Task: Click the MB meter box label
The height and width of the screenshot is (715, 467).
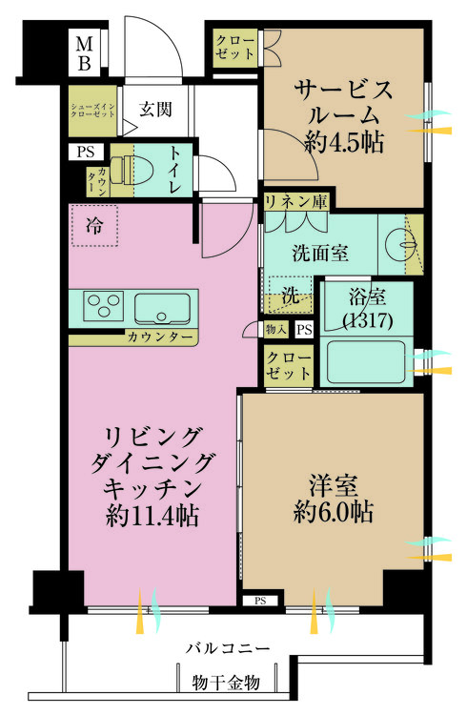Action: click(85, 53)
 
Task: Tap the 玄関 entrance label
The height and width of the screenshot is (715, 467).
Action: click(155, 110)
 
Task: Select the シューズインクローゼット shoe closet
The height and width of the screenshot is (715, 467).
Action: click(92, 111)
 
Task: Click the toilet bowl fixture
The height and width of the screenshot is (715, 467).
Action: click(132, 171)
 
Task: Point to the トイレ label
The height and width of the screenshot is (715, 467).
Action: click(175, 170)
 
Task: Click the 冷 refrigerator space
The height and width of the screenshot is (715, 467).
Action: click(95, 226)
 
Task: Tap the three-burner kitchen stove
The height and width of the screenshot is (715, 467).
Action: click(104, 306)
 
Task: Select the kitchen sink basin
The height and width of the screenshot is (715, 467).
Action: click(162, 308)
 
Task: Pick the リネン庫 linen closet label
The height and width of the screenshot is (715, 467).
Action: click(296, 202)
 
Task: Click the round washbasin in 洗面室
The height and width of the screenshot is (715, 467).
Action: click(401, 245)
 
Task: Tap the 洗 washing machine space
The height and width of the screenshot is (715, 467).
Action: click(290, 296)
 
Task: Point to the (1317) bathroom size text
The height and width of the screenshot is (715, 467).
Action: click(367, 321)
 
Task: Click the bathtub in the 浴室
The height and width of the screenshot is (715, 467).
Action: click(366, 361)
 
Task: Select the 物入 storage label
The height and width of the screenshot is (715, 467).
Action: click(276, 329)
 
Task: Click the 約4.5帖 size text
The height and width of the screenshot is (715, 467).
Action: click(343, 142)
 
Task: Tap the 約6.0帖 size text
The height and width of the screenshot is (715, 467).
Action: click(334, 511)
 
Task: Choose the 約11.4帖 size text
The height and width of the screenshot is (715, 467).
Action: click(152, 516)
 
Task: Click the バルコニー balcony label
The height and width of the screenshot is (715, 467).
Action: click(228, 647)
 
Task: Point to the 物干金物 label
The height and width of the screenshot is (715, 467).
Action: click(226, 683)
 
